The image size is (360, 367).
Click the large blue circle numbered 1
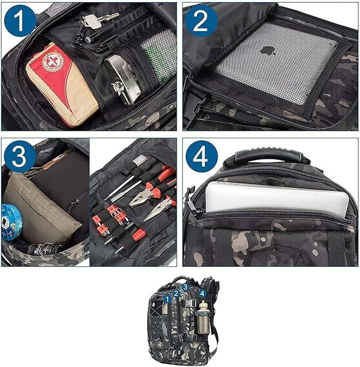20,21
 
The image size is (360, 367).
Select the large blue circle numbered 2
201,21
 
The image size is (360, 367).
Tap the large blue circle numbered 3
20,156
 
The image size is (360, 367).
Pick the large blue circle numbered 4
201,156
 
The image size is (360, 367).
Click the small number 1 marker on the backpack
167,299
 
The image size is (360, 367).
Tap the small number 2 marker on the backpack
177,293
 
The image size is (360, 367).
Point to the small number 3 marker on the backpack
186,287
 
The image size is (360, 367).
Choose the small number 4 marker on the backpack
203,293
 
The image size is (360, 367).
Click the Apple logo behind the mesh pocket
268,50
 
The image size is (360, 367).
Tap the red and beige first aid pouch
62,85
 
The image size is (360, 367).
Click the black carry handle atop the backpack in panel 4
269,156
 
